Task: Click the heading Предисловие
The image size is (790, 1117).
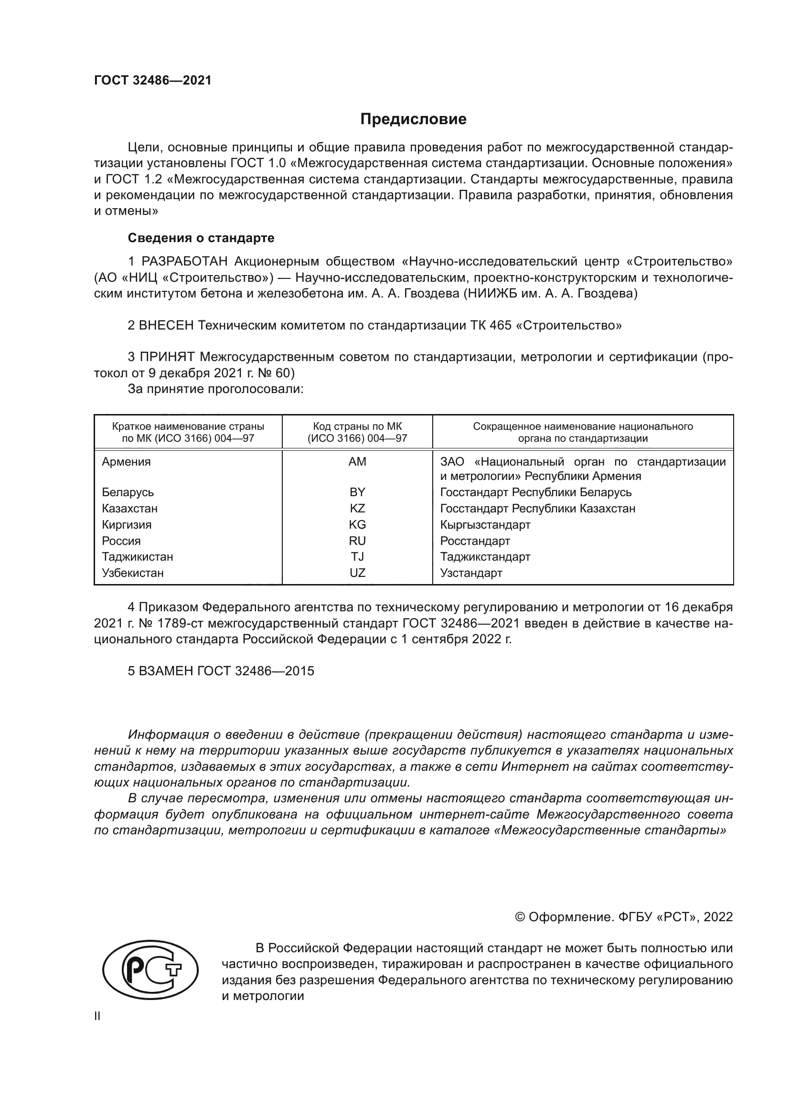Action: pos(413,119)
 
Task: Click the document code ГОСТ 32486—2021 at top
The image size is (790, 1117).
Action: pos(153,80)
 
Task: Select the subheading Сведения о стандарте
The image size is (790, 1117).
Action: pos(201,238)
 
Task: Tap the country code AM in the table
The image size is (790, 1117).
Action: pos(357,462)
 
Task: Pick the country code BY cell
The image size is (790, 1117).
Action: pos(357,492)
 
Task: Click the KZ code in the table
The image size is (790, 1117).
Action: pos(357,509)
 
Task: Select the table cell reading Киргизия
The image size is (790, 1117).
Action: pos(127,524)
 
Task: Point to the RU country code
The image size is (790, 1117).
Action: pos(357,541)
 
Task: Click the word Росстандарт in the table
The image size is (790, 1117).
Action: pos(475,541)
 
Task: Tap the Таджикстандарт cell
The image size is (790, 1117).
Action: pos(485,556)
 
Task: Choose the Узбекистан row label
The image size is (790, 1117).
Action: pos(132,573)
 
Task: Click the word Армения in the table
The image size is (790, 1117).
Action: pos(126,462)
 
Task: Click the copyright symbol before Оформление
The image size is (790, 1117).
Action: pos(520,917)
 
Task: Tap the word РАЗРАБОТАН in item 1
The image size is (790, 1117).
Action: pos(184,262)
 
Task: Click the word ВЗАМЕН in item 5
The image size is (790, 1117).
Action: pos(166,671)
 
